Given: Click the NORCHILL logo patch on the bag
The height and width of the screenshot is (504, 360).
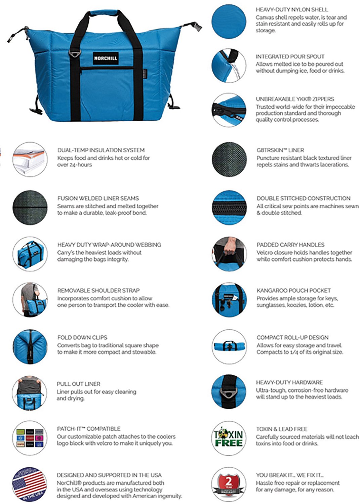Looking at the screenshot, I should [105, 58].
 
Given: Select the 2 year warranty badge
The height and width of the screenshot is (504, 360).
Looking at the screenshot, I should [229, 484].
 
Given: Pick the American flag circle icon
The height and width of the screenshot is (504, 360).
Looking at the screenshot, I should [29, 484].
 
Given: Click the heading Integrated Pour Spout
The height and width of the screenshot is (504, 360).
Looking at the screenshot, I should [290, 56].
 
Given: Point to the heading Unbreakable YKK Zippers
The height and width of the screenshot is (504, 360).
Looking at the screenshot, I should [295, 99].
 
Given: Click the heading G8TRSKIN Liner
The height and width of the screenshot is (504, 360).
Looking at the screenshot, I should [280, 150].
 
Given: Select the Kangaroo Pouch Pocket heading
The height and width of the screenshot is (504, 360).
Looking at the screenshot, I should [293, 290].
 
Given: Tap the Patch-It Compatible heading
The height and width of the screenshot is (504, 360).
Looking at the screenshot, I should [88, 429].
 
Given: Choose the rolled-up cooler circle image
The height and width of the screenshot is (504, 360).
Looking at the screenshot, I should [229, 346].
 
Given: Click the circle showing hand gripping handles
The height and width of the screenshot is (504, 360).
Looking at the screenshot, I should [229, 253].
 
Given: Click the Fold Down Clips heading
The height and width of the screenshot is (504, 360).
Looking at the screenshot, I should [82, 337].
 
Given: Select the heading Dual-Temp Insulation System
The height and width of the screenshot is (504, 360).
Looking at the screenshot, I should [101, 150].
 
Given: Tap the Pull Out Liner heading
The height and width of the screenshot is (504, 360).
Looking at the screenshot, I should [78, 384].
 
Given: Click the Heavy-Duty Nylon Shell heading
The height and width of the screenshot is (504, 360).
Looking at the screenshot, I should [292, 10].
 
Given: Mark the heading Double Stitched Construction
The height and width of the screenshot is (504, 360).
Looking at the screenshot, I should [303, 198].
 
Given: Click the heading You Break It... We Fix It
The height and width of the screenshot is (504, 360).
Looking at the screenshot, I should [289, 475].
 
